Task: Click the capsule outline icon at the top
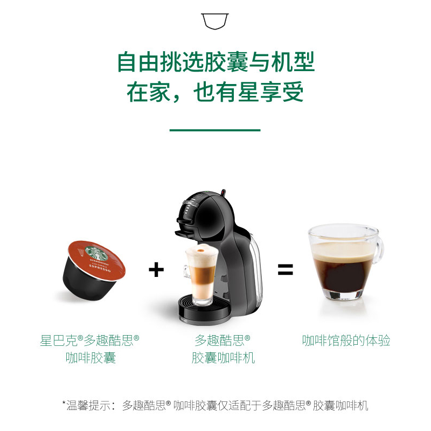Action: coord(214,21)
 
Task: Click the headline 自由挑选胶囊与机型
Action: coord(216,62)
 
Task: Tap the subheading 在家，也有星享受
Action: coord(215,92)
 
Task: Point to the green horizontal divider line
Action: coord(215,130)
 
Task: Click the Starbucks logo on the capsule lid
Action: coord(96,253)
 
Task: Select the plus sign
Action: coord(156,269)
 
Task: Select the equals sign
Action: coord(286,269)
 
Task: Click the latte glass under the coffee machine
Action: coord(200,275)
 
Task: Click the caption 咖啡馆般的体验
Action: coord(346,340)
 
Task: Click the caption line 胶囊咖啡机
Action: coord(223,358)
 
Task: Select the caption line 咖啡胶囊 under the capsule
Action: coord(91,358)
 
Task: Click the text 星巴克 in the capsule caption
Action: coord(59,340)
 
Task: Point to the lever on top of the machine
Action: coord(223,192)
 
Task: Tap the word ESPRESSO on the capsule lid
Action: coord(100,268)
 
